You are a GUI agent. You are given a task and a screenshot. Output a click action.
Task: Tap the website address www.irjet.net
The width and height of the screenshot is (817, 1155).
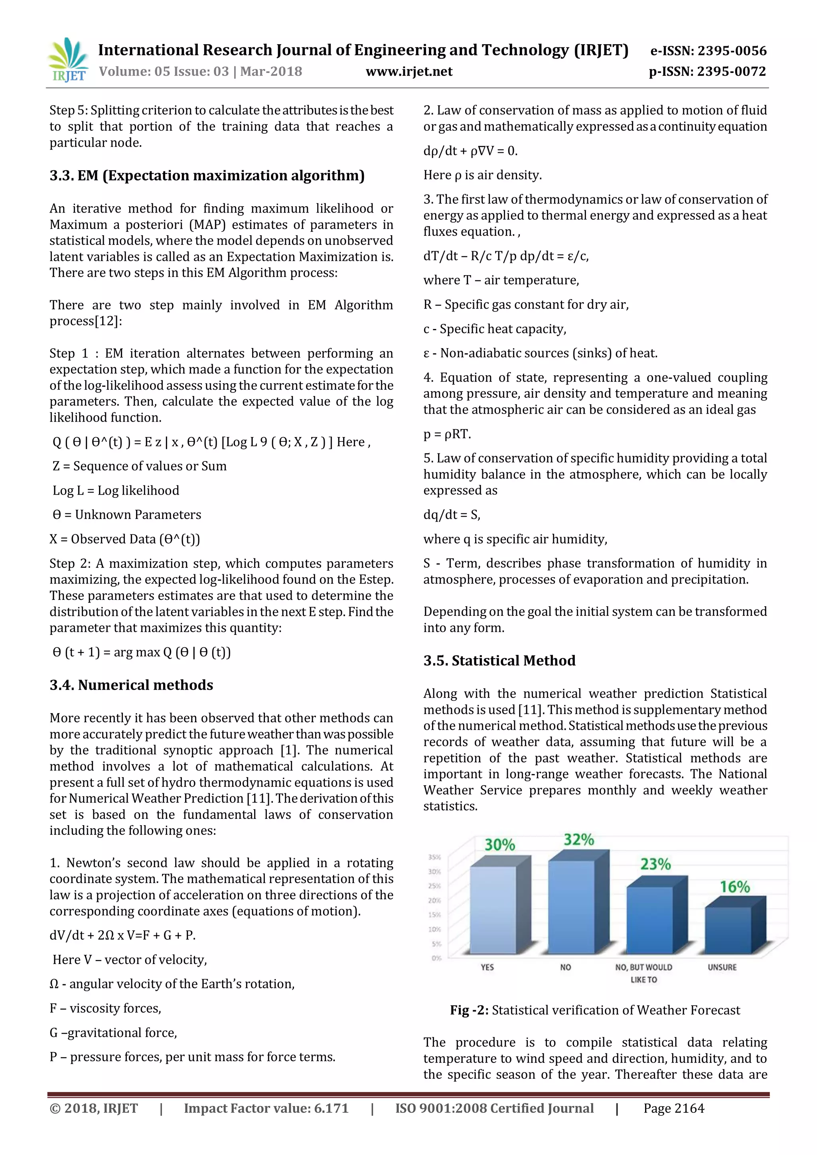point(408,72)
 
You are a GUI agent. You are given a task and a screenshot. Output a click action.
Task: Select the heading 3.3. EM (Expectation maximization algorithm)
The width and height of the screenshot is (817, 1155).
point(207,175)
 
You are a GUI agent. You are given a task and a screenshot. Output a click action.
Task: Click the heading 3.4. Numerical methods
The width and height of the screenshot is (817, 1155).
point(131,685)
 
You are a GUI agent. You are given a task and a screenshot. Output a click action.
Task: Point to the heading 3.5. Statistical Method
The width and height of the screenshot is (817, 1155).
point(499,660)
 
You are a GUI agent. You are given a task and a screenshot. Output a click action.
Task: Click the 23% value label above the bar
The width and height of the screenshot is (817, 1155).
point(655,864)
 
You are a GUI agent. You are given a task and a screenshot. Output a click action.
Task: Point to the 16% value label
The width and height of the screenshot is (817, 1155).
point(734,887)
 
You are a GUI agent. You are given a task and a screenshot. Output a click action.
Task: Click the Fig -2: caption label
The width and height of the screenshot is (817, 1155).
point(469,1010)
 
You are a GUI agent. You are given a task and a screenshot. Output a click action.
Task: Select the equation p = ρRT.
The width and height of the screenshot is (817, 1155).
point(447,434)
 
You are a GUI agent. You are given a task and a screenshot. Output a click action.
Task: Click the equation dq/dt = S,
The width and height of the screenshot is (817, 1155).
point(451,514)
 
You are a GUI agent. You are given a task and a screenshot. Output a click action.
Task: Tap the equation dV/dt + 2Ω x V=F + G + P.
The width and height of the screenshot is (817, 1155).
point(122,935)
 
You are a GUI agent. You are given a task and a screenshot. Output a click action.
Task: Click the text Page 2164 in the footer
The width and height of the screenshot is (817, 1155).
point(674,1108)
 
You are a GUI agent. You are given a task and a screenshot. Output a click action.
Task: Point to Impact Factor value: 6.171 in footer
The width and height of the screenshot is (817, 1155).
point(266,1108)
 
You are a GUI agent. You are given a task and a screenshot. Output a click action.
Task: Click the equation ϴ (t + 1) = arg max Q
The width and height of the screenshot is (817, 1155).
point(141,652)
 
